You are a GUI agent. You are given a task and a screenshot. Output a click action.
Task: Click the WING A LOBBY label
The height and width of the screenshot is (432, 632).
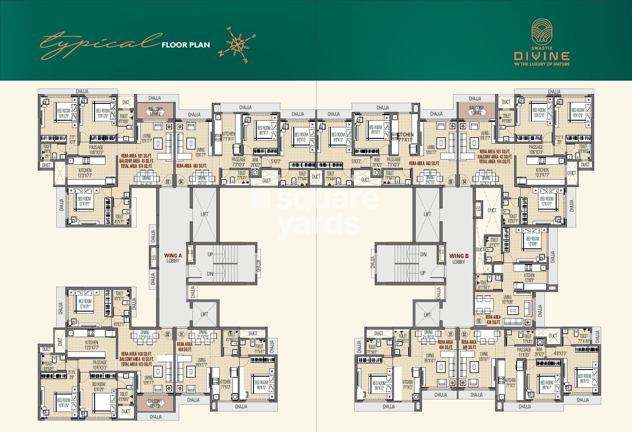point(173,258)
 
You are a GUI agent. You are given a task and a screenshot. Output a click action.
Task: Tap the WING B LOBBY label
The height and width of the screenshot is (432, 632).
point(459,259)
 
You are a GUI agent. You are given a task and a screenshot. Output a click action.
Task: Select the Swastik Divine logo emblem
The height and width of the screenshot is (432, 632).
point(542,31)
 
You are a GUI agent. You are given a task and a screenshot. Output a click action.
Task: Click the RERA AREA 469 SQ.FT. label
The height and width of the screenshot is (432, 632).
point(185,347)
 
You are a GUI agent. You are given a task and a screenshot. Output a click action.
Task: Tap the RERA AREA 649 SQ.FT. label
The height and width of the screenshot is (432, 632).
point(469,345)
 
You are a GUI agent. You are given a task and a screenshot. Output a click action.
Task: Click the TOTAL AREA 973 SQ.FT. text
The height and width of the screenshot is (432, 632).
point(137,364)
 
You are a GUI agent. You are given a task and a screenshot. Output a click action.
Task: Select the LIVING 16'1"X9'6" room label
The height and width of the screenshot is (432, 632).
point(508,299)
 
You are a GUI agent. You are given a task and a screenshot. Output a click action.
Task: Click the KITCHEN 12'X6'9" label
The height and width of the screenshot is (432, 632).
point(529,278)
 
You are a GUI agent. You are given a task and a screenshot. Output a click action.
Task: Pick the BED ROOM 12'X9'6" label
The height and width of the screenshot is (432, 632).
point(533,241)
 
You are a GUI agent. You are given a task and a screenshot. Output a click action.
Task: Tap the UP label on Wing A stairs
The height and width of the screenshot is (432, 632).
point(210,254)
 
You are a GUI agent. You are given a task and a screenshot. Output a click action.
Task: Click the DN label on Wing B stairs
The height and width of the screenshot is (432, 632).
point(423,254)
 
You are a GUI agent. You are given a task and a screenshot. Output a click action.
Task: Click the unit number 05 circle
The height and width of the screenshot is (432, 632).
point(451,182)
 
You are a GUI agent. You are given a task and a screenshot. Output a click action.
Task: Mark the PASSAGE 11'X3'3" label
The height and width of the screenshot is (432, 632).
point(524,352)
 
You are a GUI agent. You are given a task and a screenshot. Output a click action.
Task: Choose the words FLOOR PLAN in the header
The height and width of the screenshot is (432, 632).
point(186,45)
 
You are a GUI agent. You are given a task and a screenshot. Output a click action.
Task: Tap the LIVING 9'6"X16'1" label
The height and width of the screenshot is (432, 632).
point(430,358)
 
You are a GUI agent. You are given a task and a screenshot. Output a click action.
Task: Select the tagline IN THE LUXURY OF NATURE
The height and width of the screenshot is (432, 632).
point(542,64)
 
